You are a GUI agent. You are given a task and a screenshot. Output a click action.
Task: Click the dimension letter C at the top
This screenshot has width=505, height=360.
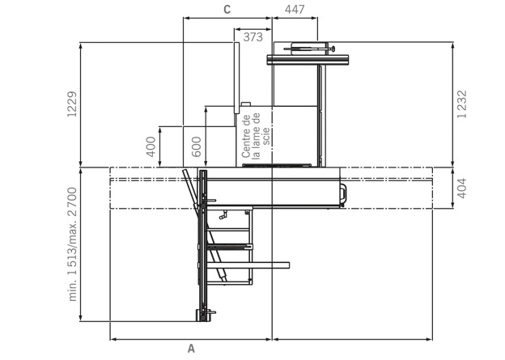click(227, 10)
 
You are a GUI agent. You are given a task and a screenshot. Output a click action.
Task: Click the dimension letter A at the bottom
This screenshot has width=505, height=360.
click(191, 349)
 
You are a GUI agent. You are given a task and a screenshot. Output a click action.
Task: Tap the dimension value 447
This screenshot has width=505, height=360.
click(295, 10)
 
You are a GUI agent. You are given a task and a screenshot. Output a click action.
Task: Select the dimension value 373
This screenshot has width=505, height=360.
click(252, 37)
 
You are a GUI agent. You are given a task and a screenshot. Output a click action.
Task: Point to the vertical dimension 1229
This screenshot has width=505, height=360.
click(72, 104)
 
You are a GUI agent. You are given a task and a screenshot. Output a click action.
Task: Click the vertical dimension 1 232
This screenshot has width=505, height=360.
click(461, 104)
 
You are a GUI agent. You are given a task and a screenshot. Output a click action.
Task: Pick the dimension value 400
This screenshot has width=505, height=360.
click(151, 147)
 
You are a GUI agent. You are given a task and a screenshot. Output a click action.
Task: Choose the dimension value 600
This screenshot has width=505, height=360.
click(196, 147)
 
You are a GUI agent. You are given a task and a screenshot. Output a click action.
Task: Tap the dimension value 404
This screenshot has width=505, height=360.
click(461, 188)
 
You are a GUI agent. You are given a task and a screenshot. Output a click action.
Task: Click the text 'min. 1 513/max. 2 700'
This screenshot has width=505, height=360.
click(73, 244)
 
